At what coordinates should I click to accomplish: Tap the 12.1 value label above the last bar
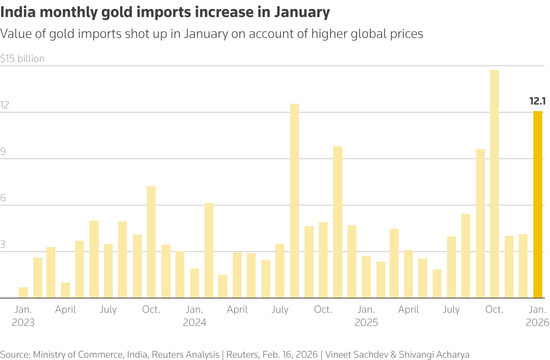[x=537, y=101]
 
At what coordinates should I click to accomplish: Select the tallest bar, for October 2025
[x=494, y=184]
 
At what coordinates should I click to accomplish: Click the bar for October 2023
[x=151, y=242]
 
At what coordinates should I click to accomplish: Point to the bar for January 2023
[x=23, y=293]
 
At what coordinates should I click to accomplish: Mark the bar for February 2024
[x=209, y=250]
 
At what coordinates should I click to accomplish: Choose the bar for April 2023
[x=65, y=290]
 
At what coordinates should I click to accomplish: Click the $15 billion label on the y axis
[x=22, y=58]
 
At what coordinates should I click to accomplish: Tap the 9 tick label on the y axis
[x=3, y=152]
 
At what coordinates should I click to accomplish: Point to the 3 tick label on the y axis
[x=3, y=245]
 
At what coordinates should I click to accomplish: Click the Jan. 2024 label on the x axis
[x=194, y=316]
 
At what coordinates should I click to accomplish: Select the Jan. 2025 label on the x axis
[x=366, y=316]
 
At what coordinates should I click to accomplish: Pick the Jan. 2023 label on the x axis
[x=23, y=316]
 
